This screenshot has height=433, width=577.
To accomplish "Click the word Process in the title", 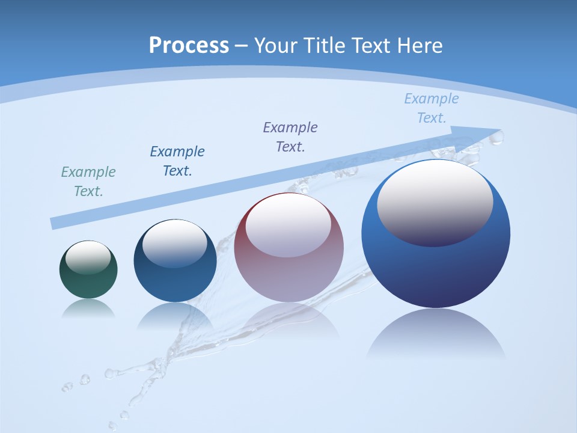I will click(x=189, y=46).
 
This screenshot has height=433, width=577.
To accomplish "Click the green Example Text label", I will click(x=88, y=182).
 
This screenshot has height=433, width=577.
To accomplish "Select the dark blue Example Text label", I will click(x=177, y=161).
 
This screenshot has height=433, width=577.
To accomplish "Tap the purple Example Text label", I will click(x=290, y=137).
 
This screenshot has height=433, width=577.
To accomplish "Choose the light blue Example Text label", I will click(x=432, y=108).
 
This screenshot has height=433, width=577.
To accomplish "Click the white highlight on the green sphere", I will click(x=88, y=257).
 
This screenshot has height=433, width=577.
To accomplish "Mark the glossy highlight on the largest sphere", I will click(x=435, y=201).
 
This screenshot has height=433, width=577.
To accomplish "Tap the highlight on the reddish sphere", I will click(x=288, y=226).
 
